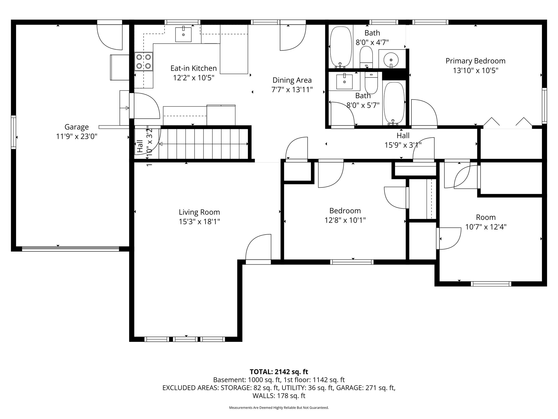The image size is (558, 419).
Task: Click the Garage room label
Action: [77, 127]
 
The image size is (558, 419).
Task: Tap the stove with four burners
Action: [144, 61]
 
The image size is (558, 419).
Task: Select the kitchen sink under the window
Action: [183, 34]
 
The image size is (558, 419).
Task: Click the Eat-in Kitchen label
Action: [193, 68]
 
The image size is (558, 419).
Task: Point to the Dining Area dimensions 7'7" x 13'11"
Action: [292, 90]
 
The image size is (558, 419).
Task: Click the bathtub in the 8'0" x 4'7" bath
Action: [340, 47]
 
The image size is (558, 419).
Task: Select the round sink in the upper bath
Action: [391, 59]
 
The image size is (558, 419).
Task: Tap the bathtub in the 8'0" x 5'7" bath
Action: [394, 103]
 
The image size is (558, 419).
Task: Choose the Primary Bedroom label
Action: [475, 61]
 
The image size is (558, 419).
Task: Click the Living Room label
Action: [199, 212]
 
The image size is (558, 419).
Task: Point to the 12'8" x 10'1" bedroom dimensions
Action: [345, 220]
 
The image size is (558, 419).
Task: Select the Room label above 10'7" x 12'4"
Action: [486, 217]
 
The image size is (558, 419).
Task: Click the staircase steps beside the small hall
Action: [204, 144]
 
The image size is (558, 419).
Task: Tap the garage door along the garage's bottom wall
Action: [70, 249]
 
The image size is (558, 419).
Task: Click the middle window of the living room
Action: [185, 339]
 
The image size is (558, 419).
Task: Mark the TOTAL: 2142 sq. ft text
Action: [279, 372]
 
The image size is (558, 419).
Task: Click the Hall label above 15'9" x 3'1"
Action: [403, 135]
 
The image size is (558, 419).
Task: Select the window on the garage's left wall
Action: [13, 132]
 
